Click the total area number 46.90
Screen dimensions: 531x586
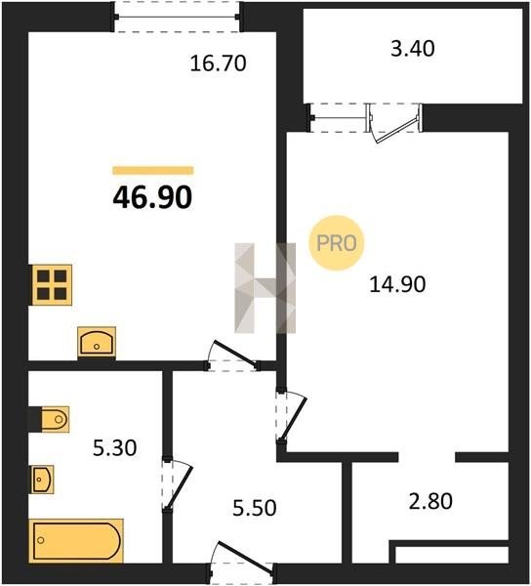click(152, 197)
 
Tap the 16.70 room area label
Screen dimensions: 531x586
click(218, 63)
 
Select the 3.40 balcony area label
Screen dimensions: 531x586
click(413, 49)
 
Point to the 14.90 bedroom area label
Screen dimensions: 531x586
click(397, 283)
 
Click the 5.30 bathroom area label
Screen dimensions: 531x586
click(114, 447)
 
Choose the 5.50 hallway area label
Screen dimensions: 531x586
click(255, 508)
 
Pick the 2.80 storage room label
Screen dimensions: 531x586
click(430, 501)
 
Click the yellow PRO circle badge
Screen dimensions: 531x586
click(337, 243)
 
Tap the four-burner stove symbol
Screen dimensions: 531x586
click(52, 285)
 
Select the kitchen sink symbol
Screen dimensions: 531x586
click(97, 341)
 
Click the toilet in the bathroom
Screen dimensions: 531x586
click(55, 419)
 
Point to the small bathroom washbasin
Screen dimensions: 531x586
click(42, 480)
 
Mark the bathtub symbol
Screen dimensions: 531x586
click(76, 540)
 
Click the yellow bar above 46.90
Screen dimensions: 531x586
click(153, 170)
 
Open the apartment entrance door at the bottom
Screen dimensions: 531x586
click(241, 561)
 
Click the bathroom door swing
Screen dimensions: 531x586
click(178, 485)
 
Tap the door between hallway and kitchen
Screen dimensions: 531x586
click(232, 356)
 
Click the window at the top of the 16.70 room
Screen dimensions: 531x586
click(177, 17)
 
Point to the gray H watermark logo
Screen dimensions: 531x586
click(265, 288)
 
